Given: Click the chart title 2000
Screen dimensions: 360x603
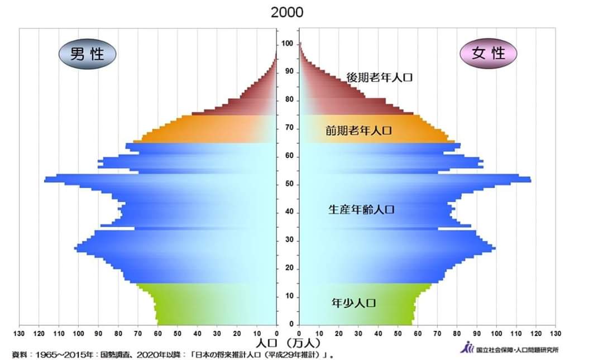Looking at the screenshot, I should pos(287,12).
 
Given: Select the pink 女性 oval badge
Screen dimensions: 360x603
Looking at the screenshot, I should pos(488,53).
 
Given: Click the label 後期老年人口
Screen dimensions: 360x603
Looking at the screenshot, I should pos(379,78).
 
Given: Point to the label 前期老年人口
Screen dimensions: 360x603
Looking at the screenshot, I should pos(358,131).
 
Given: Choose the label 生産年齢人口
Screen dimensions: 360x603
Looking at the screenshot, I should pos(361,210).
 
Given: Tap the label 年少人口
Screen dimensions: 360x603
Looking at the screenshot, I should pos(353,303).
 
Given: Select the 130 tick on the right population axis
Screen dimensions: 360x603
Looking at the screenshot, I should pos(555,334).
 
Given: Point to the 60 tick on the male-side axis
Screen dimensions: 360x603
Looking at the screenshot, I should pos(158,334).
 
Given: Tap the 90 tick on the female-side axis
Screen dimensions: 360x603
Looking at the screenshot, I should pos(476,334).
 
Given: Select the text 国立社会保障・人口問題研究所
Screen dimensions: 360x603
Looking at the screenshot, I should pos(516,350).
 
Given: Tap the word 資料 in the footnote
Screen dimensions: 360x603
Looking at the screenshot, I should pos(20,354).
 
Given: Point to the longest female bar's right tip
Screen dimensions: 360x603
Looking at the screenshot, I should pos(530,179).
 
